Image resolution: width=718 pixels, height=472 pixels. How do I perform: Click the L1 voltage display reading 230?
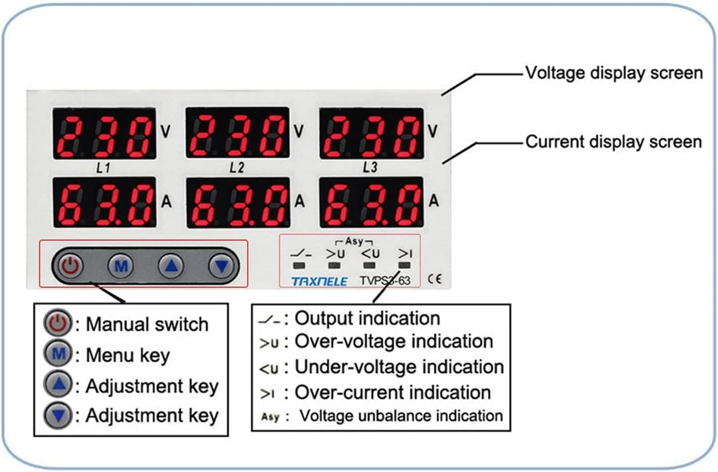click(x=104, y=133)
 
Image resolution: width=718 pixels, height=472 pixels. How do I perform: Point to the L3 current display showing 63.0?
click(x=372, y=202)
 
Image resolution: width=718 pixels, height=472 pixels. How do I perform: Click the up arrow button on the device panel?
click(x=171, y=267)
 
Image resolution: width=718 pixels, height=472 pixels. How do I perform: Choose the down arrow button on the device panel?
click(x=221, y=267)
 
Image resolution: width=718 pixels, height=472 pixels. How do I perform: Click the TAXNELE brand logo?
click(x=319, y=281)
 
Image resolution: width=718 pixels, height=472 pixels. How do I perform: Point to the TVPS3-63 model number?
click(x=385, y=281)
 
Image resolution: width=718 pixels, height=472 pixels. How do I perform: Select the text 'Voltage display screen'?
click(x=614, y=72)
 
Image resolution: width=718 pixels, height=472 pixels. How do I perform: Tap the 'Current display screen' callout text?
click(x=614, y=141)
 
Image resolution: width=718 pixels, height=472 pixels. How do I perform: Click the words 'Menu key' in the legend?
click(x=128, y=355)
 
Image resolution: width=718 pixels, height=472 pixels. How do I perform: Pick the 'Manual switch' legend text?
click(x=147, y=325)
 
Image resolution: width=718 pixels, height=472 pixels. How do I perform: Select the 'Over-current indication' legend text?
click(x=392, y=392)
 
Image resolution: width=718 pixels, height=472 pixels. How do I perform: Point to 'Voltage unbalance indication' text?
click(x=401, y=416)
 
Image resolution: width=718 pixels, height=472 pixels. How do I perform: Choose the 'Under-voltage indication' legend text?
click(x=399, y=366)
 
